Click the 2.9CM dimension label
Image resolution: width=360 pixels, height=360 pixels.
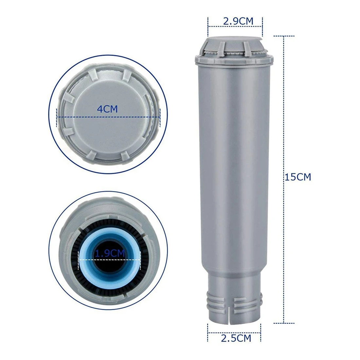coord(238,21)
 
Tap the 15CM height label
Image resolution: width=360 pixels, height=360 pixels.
coord(297,177)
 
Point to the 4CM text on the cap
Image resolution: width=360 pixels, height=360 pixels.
coord(107,109)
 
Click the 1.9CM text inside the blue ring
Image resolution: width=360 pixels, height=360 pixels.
coord(110,253)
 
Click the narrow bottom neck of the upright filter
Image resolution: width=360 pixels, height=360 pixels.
coord(235,295)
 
